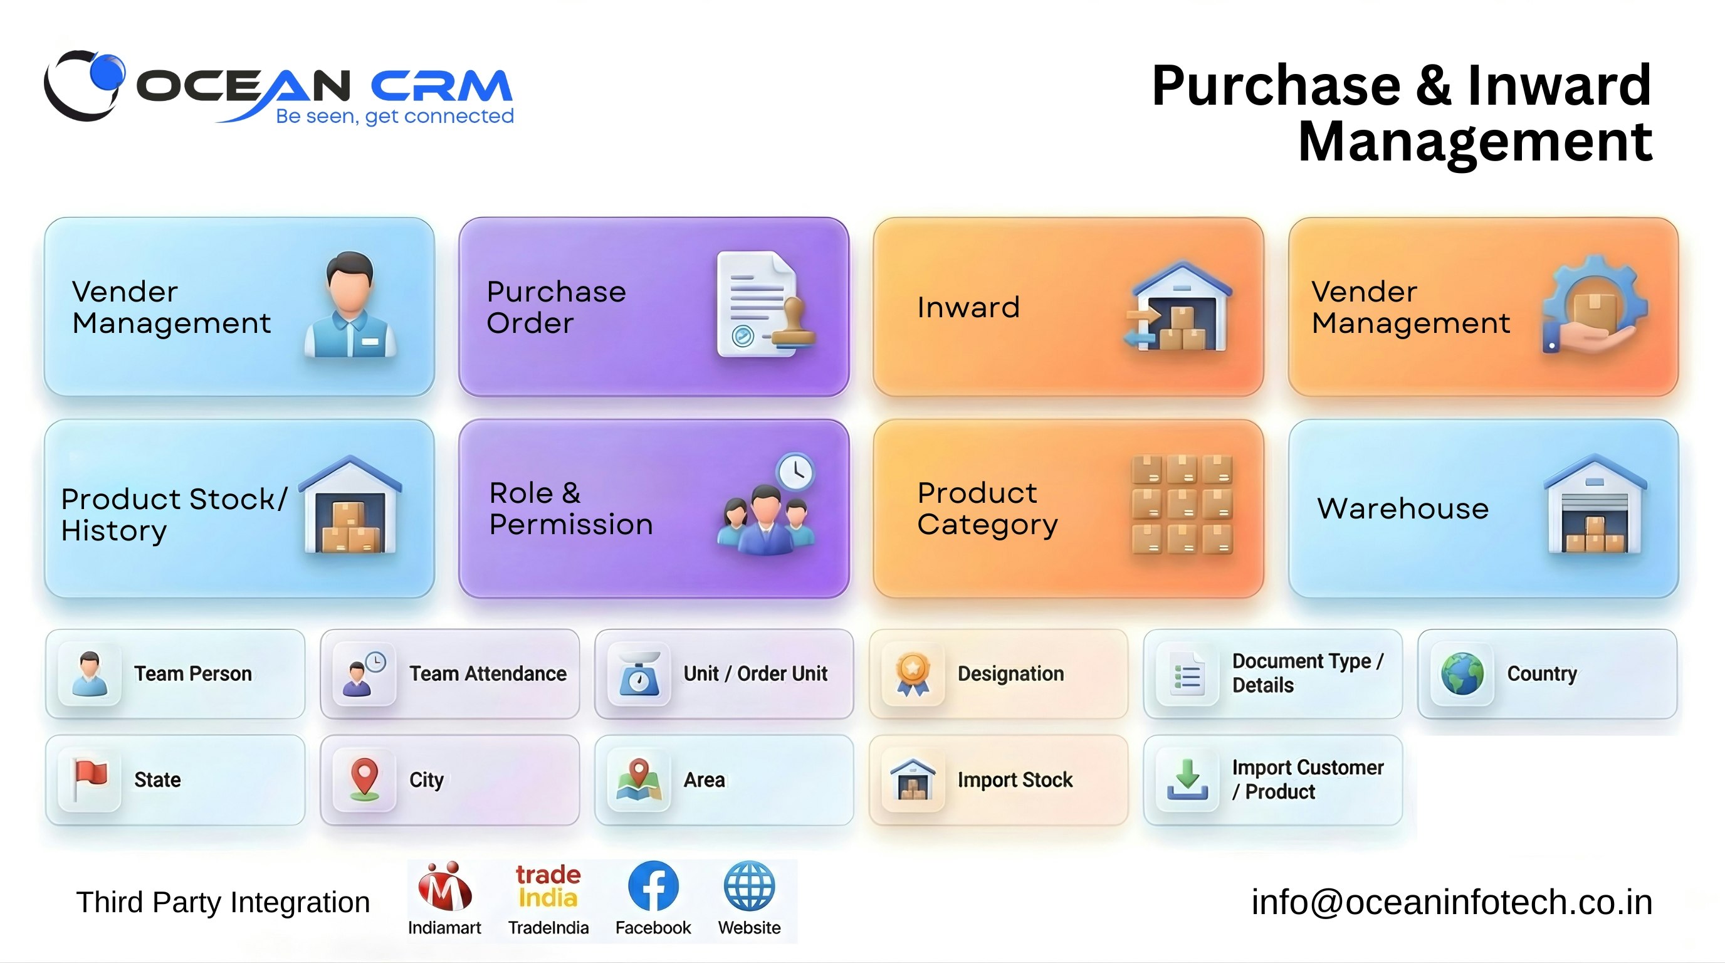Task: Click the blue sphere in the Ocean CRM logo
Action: pos(107,71)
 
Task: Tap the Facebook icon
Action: pos(653,886)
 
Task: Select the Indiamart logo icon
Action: pos(444,887)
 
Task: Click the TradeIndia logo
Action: pos(548,886)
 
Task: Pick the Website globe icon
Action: pos(748,886)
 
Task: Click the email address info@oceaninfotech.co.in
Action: pos(1451,902)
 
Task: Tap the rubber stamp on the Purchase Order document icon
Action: pos(794,323)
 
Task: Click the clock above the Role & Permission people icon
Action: pos(795,471)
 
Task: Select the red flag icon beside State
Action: pos(90,778)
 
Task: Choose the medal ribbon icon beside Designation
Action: pos(913,673)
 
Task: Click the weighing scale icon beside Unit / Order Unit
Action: pos(639,674)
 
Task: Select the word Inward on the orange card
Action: pos(968,307)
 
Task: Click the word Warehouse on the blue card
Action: pos(1402,508)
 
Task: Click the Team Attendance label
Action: pos(488,674)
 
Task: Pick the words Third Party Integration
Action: pos(223,902)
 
